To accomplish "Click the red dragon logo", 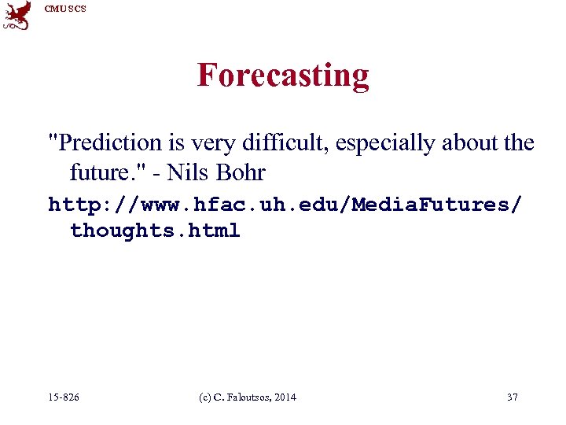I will point(17,16).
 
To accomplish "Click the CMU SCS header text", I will point(65,9).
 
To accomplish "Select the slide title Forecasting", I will point(283,76).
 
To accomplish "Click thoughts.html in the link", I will point(155,231).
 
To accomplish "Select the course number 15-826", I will point(64,397).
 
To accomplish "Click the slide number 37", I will point(513,397).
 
